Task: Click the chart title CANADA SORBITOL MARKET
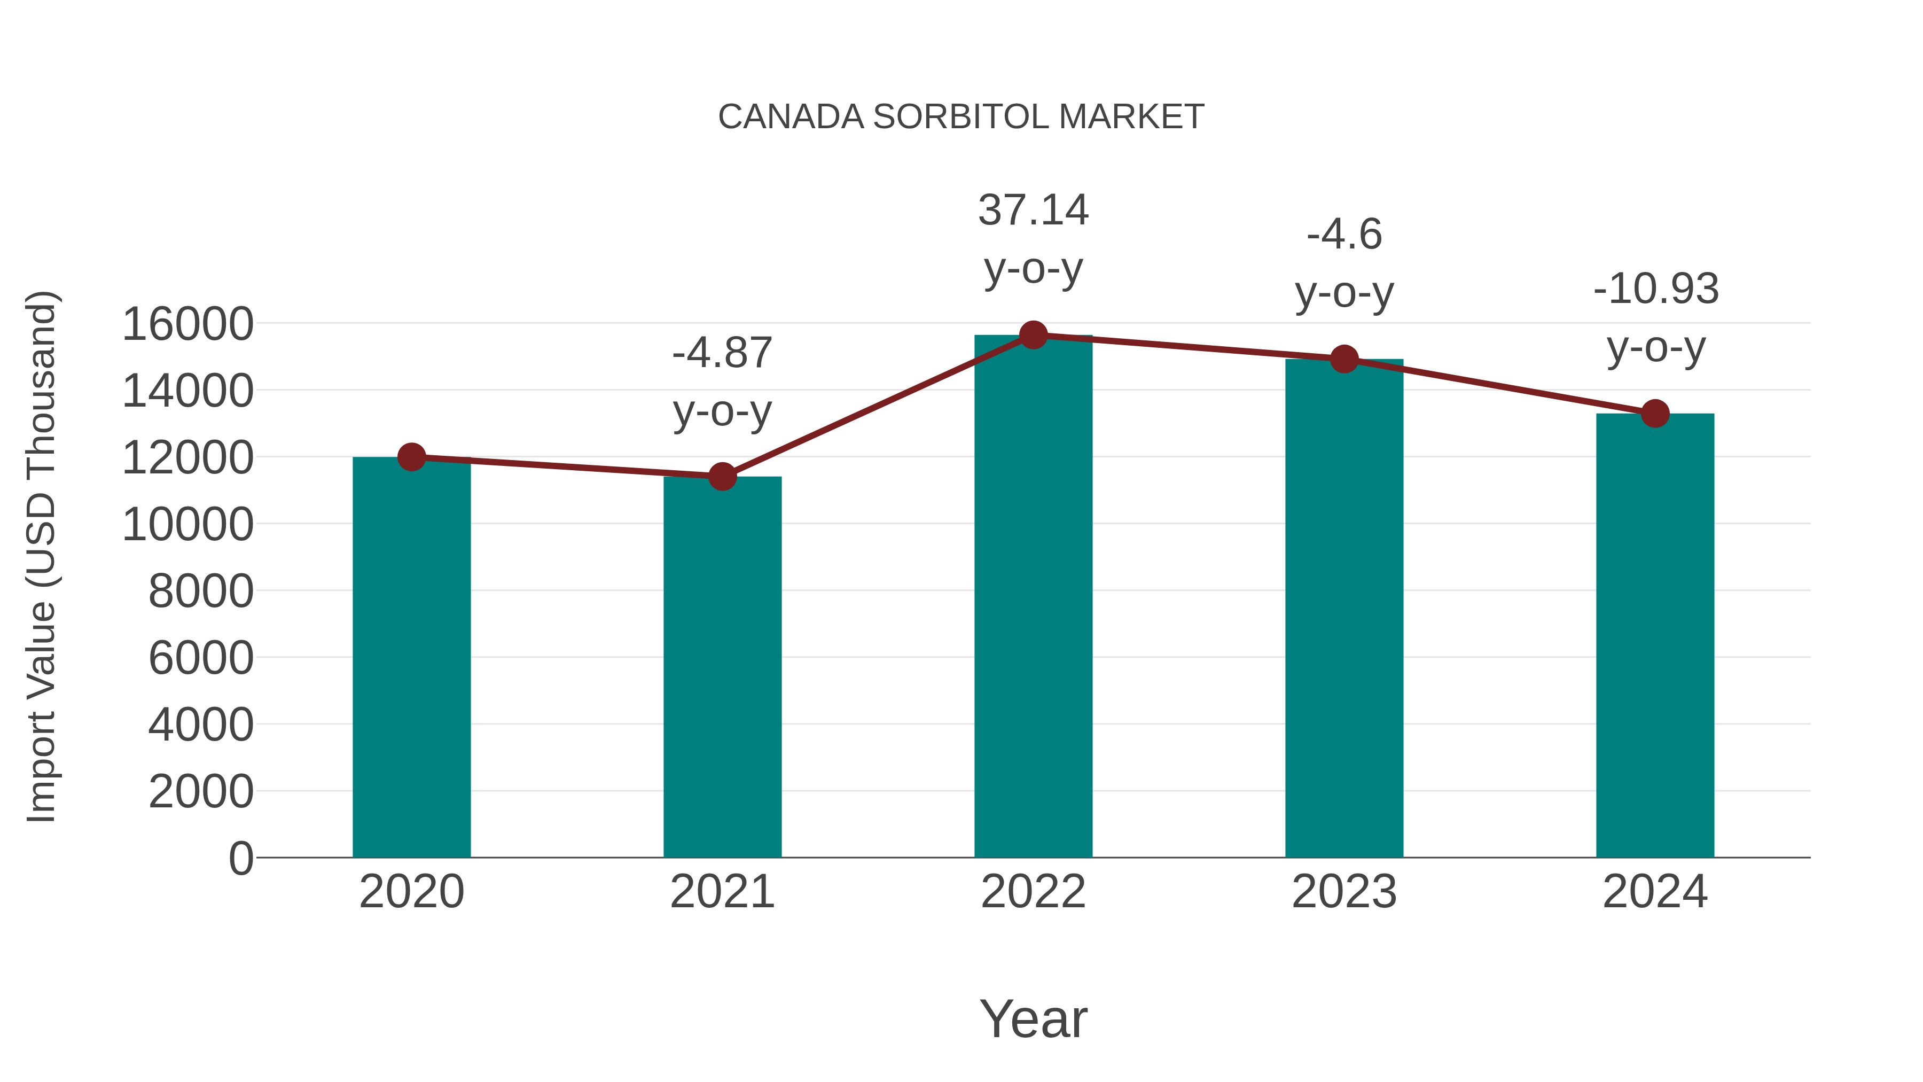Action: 961,117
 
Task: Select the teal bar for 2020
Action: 411,657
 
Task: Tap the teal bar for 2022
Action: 1033,597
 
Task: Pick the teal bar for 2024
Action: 1655,635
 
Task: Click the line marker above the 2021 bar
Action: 722,476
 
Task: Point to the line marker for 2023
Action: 1344,359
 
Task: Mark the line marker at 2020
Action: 411,456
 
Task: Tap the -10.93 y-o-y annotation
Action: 1655,317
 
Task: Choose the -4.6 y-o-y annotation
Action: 1344,263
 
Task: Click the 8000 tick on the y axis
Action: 201,591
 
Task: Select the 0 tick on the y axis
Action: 241,858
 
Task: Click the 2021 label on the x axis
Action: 722,892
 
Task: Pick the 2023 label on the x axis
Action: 1344,892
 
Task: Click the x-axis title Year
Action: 1033,1018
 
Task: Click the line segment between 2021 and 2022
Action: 877,406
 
